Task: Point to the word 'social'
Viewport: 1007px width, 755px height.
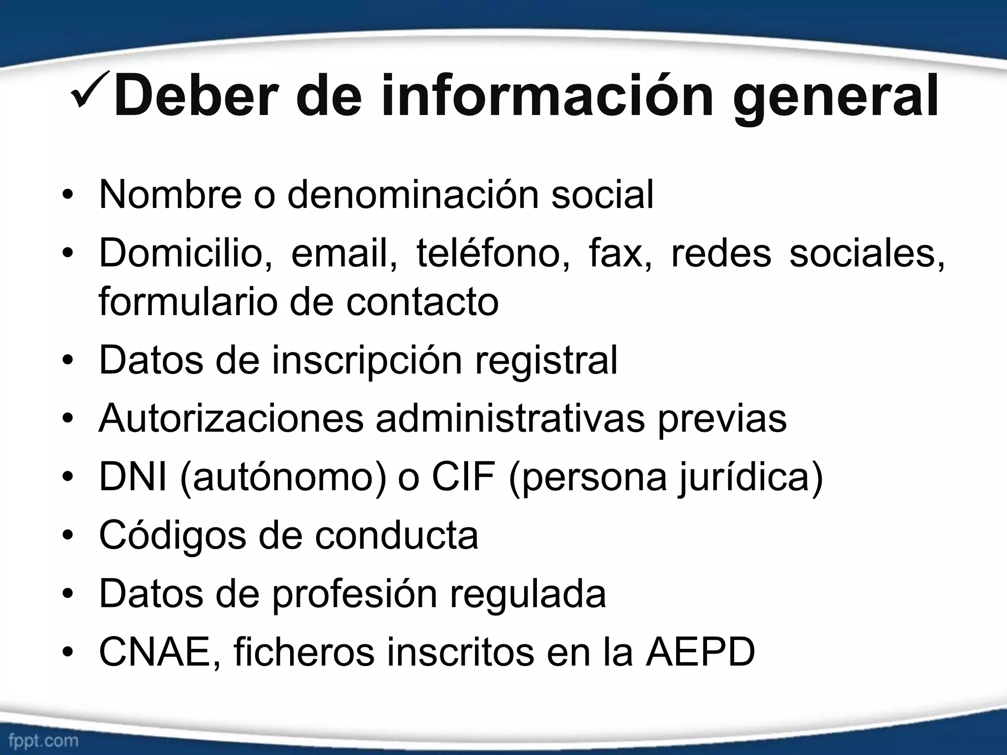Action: tap(602, 195)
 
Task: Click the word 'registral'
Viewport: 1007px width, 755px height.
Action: tap(546, 360)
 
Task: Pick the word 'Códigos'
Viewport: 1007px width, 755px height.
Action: tap(172, 536)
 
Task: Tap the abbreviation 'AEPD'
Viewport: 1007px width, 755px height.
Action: tap(700, 653)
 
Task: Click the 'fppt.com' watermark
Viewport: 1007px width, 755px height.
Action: tap(43, 740)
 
